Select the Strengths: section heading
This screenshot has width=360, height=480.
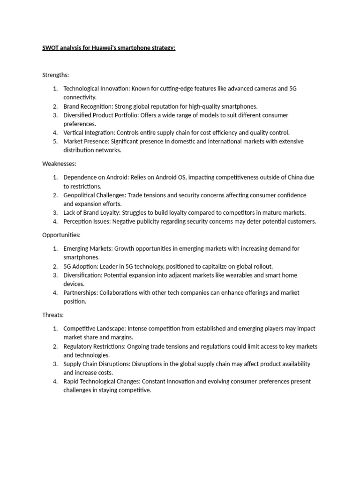coord(56,75)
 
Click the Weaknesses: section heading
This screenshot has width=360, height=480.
coord(60,164)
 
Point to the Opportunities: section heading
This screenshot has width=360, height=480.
coord(61,235)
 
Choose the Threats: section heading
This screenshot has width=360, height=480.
coord(53,315)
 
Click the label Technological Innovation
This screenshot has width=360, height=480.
coord(96,89)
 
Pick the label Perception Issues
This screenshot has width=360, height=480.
coord(86,221)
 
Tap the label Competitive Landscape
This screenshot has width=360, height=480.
coord(94,329)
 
